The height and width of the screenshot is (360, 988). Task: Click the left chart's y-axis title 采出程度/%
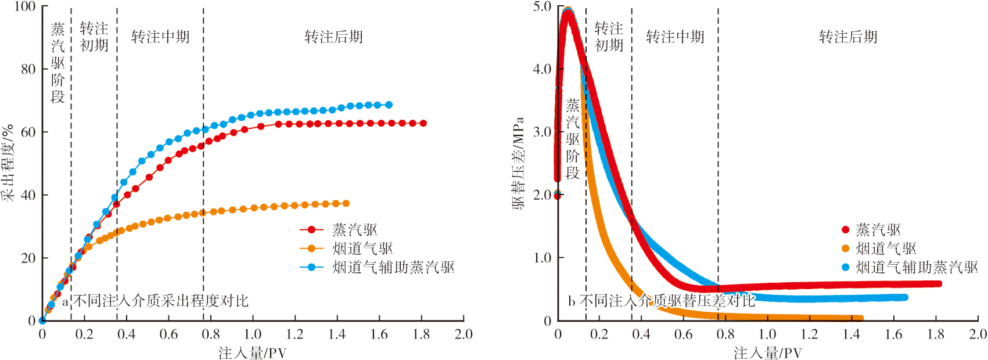click(x=8, y=163)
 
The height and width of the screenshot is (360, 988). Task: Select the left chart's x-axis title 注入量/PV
click(x=252, y=353)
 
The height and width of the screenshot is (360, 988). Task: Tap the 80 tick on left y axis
click(x=28, y=69)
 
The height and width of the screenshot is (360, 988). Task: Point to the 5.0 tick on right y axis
click(x=542, y=6)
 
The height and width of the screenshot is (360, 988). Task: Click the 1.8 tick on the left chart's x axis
click(x=421, y=334)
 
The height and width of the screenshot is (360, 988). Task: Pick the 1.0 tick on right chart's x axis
click(x=767, y=334)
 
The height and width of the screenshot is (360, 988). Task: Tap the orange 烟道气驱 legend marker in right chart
click(x=846, y=249)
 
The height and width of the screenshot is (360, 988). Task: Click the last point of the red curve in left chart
click(x=423, y=123)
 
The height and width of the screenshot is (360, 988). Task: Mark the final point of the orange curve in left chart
click(x=346, y=203)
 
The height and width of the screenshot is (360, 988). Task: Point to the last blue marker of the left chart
click(x=389, y=105)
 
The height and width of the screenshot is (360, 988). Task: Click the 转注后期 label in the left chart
click(x=333, y=37)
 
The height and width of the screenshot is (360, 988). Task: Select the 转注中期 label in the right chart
click(x=675, y=37)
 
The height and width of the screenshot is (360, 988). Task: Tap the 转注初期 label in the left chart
click(x=94, y=37)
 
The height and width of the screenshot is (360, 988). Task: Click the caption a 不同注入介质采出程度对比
click(x=155, y=301)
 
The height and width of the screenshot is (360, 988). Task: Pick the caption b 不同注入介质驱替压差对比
click(x=662, y=301)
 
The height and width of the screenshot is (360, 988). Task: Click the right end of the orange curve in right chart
click(x=861, y=318)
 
